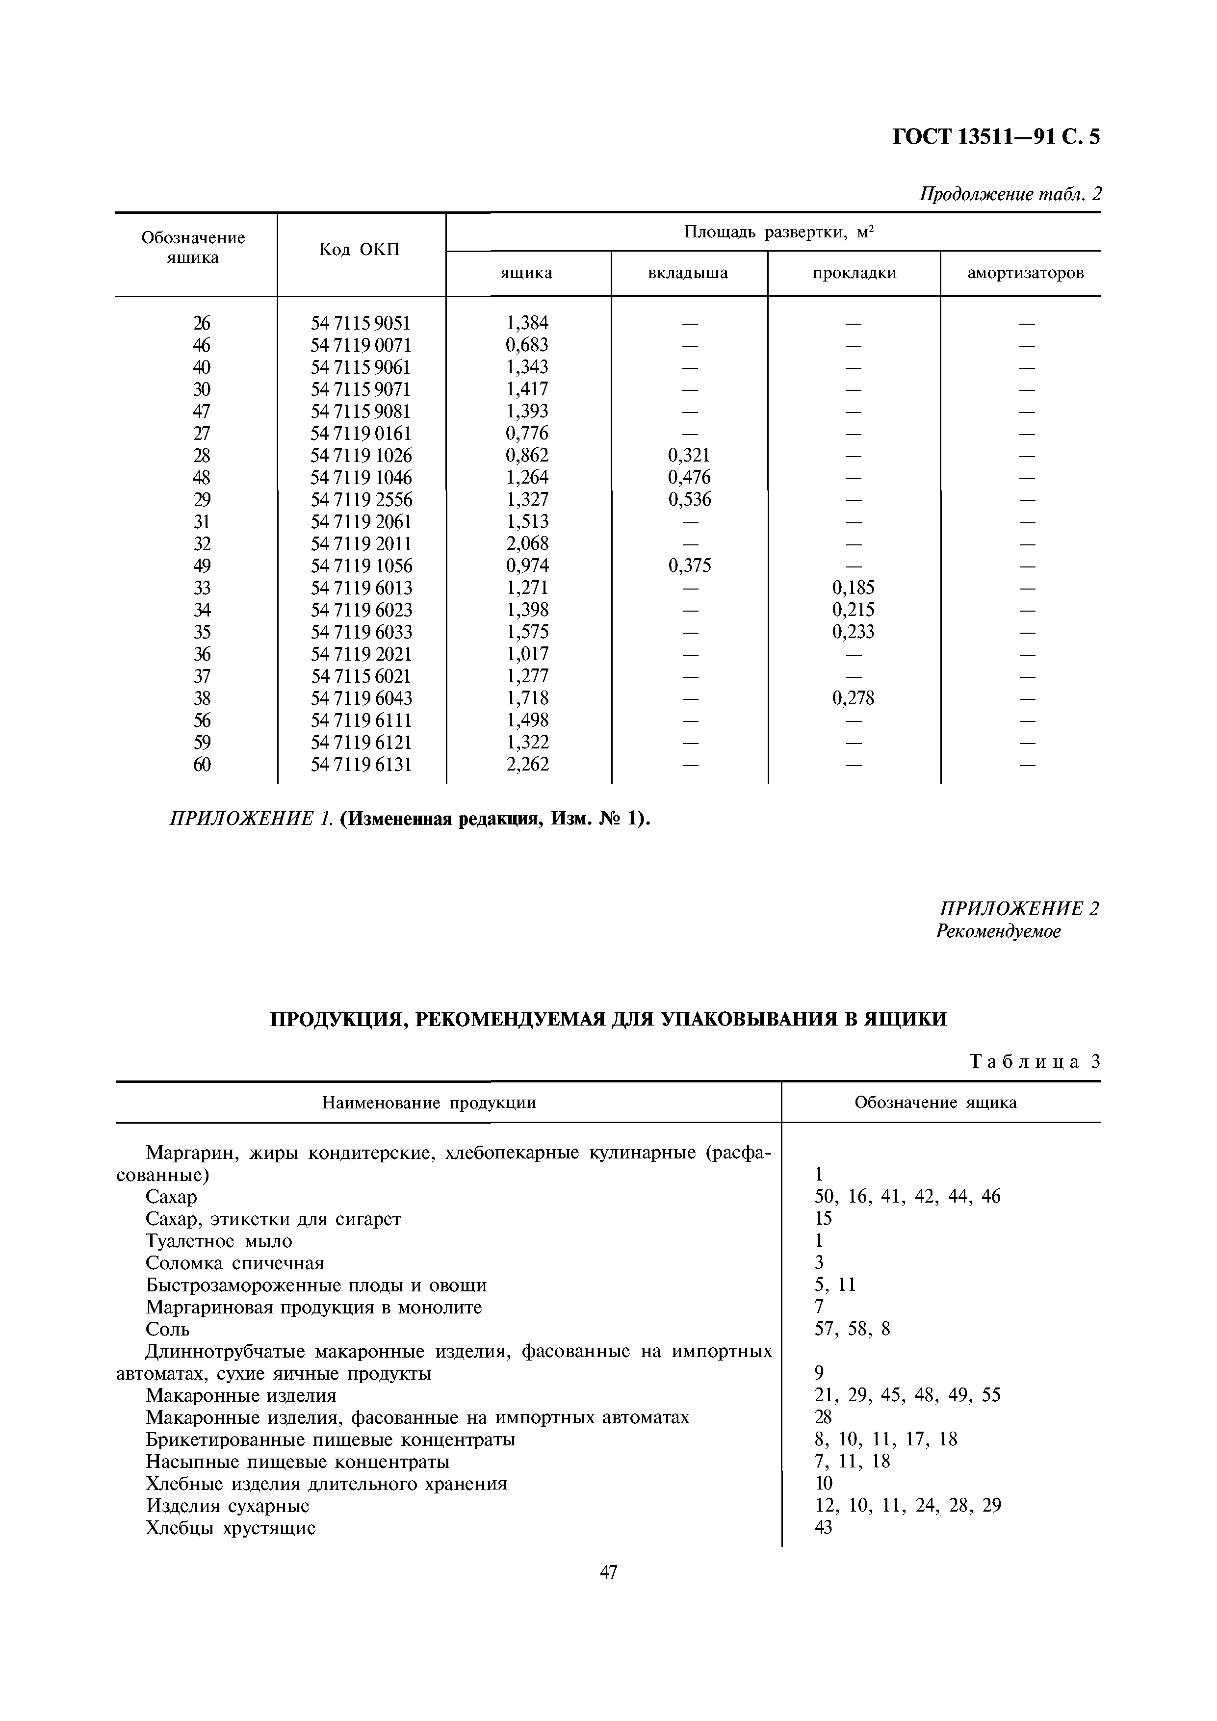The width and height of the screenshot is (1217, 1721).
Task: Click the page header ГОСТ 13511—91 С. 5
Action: pos(996,136)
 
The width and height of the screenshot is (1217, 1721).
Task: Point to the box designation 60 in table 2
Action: pos(202,765)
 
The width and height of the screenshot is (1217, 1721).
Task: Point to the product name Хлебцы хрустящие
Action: pos(230,1528)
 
